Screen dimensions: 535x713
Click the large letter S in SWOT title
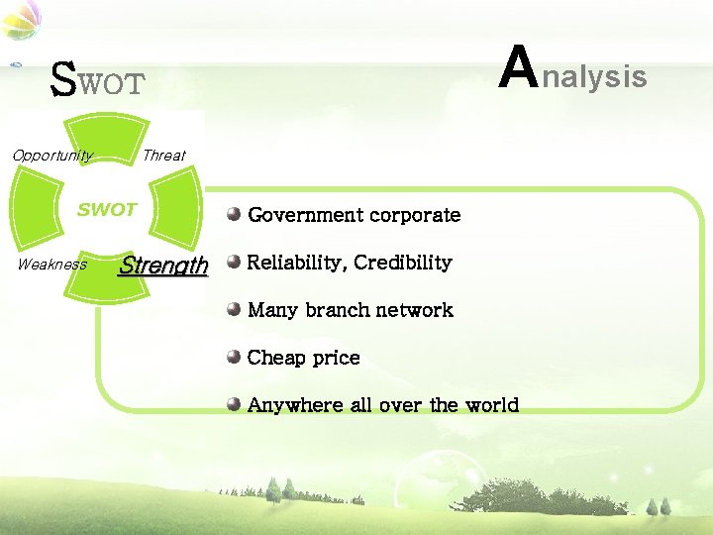(x=63, y=79)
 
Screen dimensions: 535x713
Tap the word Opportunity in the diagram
(x=52, y=156)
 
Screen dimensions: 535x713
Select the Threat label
(x=163, y=156)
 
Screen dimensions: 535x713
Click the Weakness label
(x=52, y=265)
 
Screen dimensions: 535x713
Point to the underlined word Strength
(x=163, y=266)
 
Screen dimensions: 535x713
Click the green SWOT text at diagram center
(x=107, y=210)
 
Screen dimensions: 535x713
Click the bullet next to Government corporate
(x=234, y=214)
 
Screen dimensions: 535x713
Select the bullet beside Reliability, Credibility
(x=234, y=262)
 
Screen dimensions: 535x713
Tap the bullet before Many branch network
(x=234, y=309)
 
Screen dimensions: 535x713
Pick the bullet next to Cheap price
(x=234, y=357)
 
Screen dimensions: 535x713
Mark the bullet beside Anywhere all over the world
(x=234, y=404)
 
